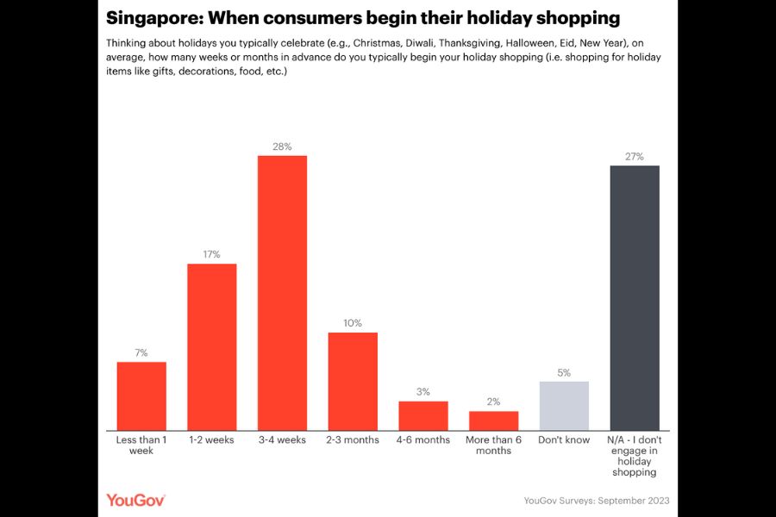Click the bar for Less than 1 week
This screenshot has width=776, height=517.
coord(141,396)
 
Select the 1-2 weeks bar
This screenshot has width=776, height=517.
coord(212,347)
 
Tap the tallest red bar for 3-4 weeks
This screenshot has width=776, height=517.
coord(282,293)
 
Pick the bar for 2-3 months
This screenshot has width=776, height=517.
coord(353,382)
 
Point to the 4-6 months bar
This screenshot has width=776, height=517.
coord(423,416)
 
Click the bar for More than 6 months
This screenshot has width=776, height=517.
coord(494,421)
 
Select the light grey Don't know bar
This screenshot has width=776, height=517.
coord(564,406)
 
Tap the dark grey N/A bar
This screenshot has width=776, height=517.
coord(635,298)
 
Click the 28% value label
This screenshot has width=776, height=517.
coord(282,146)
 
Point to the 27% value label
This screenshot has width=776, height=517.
coord(635,156)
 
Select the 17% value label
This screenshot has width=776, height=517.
coord(212,254)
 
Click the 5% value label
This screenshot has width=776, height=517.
coord(564,372)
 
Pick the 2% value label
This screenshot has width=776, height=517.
coord(493,402)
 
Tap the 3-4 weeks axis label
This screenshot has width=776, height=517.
coord(282,439)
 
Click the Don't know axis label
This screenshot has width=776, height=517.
coord(564,439)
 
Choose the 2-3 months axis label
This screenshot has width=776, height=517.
coord(353,439)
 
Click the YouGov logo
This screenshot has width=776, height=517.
coord(135,500)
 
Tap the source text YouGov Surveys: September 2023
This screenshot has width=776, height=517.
coord(597,501)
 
